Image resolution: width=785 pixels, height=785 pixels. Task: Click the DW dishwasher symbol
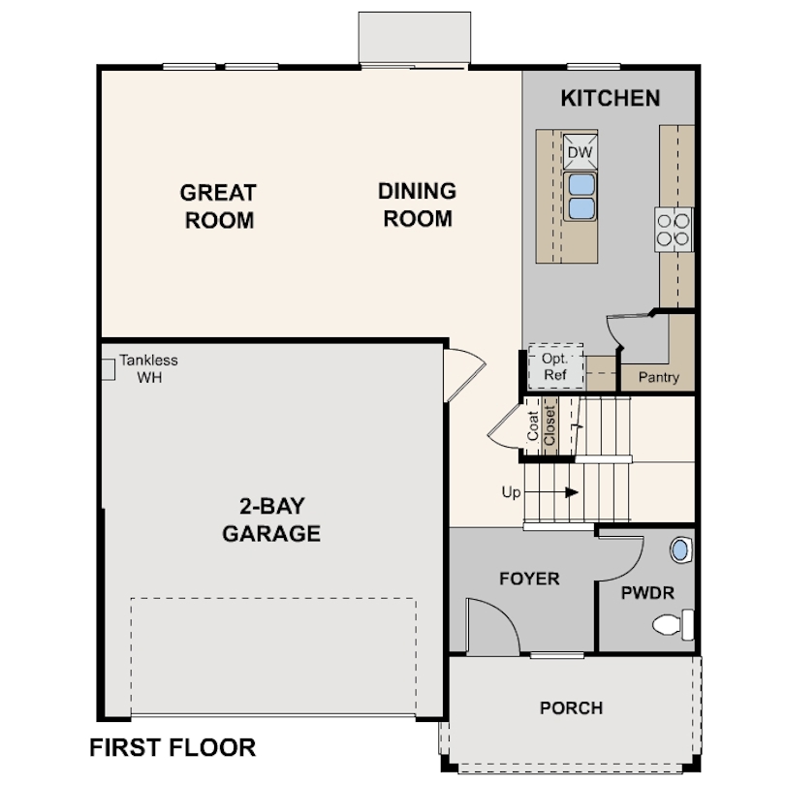click(581, 152)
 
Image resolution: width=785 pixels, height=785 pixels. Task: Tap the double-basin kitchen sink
click(581, 197)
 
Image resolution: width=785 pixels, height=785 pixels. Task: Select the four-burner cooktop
click(674, 230)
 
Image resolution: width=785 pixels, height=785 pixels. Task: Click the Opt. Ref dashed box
click(556, 366)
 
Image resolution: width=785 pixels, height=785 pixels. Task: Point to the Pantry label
click(658, 377)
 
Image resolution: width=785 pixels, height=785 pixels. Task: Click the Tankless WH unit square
click(109, 369)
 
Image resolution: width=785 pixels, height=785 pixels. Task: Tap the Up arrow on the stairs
click(551, 492)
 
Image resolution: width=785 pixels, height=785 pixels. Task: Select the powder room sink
click(681, 549)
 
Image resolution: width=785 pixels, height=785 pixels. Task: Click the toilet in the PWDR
click(673, 624)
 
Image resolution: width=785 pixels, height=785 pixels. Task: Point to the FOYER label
click(529, 579)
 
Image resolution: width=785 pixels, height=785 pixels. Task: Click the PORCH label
click(571, 707)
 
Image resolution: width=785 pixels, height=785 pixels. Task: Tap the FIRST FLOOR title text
click(173, 747)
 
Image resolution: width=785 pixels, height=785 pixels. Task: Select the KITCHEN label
click(611, 98)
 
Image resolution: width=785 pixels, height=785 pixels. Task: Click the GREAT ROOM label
click(218, 206)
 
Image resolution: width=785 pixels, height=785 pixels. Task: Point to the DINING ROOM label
click(417, 204)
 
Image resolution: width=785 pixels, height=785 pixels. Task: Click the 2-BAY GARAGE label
click(271, 519)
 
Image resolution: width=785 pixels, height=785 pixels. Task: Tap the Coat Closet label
click(541, 426)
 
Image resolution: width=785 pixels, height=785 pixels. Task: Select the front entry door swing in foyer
click(493, 625)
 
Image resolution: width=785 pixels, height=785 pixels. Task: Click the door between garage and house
click(464, 375)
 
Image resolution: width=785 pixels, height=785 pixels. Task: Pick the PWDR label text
click(647, 593)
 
